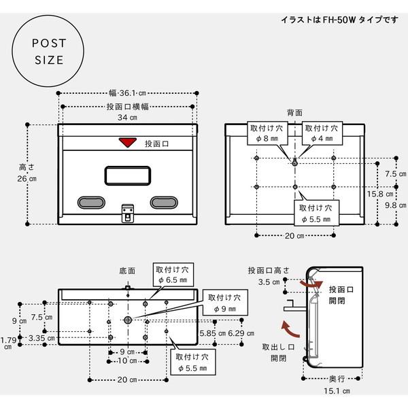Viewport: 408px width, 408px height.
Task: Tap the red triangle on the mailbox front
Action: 126,143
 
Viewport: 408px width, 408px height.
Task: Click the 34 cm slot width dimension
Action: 129,118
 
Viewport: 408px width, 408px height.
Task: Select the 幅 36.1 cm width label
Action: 129,92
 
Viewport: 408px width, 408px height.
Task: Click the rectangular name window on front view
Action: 127,175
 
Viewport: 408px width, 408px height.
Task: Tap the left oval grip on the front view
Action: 89,202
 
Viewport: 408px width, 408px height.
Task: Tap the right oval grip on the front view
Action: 163,202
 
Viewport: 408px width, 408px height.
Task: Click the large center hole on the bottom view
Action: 128,320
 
